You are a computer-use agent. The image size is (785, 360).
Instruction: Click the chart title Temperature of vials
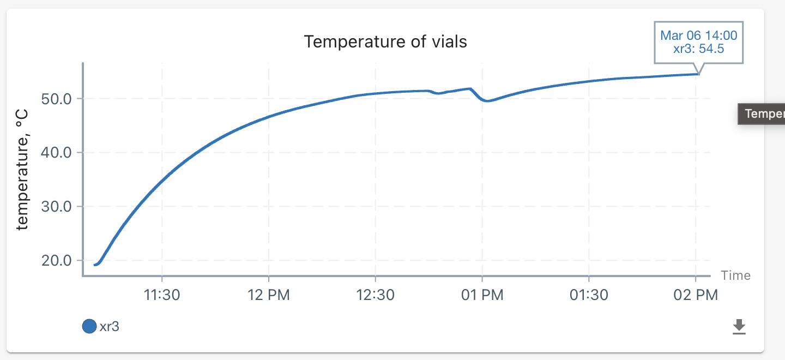point(385,41)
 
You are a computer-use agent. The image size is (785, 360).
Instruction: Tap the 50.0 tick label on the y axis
point(57,99)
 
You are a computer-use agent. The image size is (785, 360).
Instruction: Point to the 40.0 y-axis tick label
point(57,153)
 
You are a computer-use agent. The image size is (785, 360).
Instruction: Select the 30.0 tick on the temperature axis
point(57,207)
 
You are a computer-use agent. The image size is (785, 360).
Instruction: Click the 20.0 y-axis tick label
point(57,260)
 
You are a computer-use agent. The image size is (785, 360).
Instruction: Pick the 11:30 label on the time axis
point(162,295)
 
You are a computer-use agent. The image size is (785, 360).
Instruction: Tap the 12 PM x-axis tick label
point(269,295)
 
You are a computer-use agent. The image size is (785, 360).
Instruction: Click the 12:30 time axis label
point(376,295)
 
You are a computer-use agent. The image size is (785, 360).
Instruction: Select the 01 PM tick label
point(482,295)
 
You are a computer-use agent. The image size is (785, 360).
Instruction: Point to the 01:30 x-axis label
point(589,295)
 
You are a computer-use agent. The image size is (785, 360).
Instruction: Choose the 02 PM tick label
point(696,295)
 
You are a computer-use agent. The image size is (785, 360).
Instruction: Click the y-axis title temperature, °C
point(22,169)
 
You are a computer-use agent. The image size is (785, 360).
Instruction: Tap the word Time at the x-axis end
point(735,275)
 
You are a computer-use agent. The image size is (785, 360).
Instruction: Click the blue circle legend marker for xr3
point(89,327)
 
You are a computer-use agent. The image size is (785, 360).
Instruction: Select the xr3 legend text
point(110,327)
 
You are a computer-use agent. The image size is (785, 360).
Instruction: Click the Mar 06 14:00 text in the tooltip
point(698,36)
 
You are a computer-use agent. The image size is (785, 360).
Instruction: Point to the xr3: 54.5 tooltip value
point(698,49)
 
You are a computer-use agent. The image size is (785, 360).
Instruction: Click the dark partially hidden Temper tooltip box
point(762,114)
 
